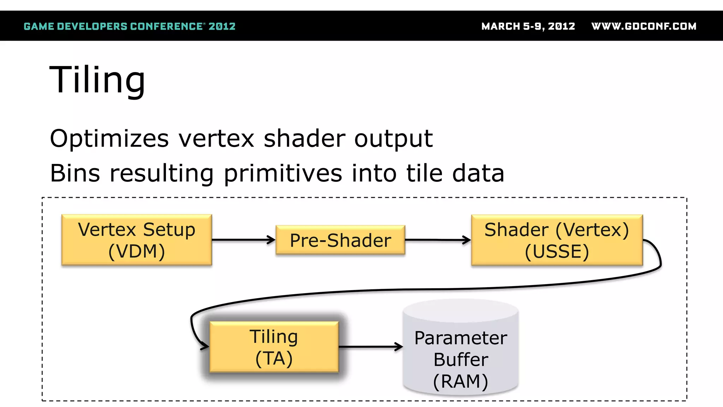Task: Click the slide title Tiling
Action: (x=97, y=80)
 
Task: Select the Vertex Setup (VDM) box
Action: (x=137, y=240)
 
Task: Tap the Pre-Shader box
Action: (x=340, y=240)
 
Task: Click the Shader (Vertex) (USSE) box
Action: (x=557, y=240)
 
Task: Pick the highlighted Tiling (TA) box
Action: (x=274, y=347)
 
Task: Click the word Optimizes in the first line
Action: (x=109, y=139)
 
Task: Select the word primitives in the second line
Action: (x=283, y=173)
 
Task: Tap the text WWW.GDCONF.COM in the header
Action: (x=644, y=26)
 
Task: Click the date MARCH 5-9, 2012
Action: (x=528, y=26)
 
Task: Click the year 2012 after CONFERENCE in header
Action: (x=222, y=26)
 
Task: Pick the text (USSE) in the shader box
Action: (x=557, y=252)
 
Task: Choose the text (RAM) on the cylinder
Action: (x=461, y=381)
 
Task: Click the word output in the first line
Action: (x=393, y=139)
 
